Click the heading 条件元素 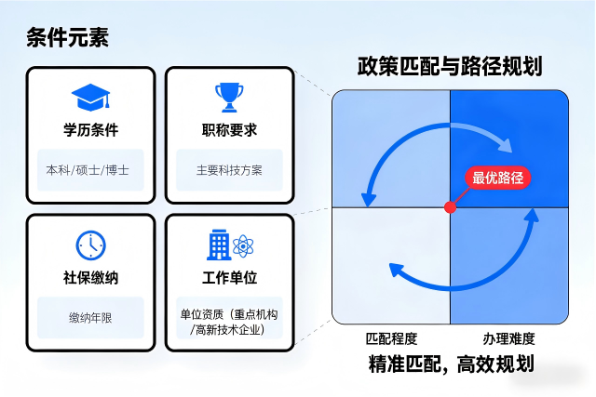click(68, 38)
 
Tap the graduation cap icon click(90, 96)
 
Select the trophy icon click(228, 96)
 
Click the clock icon click(90, 245)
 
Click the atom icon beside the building click(244, 246)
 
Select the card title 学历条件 click(90, 129)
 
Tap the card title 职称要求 click(229, 129)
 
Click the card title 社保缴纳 click(90, 277)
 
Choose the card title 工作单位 click(229, 277)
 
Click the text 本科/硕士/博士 click(90, 171)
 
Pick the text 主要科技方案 click(229, 171)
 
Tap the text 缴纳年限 click(90, 318)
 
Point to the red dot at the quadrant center click(451, 205)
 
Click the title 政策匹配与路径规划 click(450, 67)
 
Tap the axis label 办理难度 click(508, 338)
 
